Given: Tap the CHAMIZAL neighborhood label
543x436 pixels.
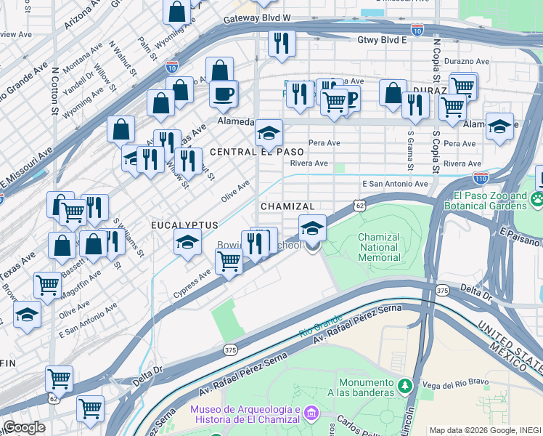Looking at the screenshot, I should click(x=287, y=207).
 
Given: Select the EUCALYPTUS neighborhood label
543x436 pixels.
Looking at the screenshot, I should click(x=184, y=225).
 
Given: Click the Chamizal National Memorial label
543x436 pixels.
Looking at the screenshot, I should click(x=379, y=247).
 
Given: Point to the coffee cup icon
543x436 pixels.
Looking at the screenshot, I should click(x=224, y=93).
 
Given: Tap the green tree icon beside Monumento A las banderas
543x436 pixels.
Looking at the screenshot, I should click(x=408, y=387).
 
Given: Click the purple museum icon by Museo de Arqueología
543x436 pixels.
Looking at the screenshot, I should click(x=311, y=413).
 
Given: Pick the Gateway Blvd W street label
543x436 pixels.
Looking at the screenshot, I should click(x=257, y=17).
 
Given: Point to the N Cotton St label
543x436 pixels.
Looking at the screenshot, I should click(x=54, y=92).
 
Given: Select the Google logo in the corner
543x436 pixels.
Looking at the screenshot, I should click(x=24, y=427).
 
